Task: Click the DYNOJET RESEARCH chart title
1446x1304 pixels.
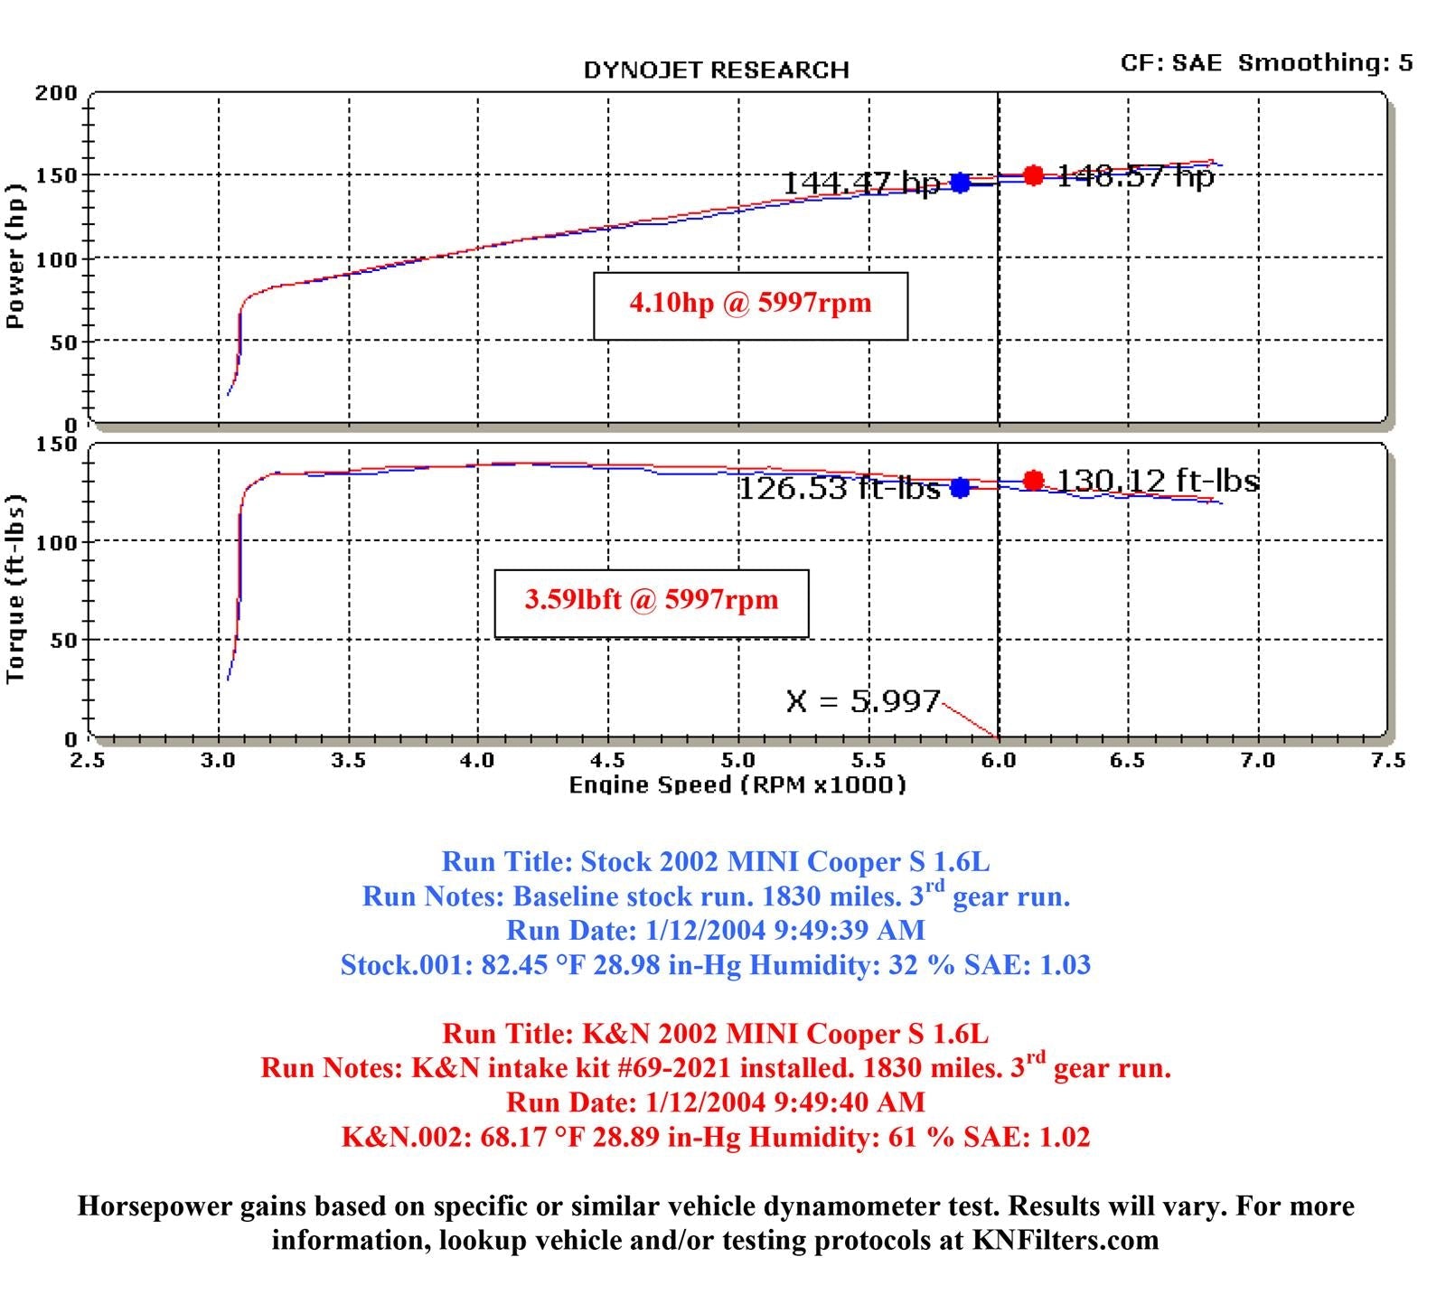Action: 716,70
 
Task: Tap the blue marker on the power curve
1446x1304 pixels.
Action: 960,183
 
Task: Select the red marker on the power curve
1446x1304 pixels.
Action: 1033,175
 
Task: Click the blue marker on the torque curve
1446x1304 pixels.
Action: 960,488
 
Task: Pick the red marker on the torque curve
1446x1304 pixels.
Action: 1033,481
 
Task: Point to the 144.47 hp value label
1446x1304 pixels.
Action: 859,183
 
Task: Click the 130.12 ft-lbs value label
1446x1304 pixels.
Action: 1158,481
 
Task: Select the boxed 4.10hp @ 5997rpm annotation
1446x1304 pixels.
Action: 750,304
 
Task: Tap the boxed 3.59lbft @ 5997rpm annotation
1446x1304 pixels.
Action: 651,601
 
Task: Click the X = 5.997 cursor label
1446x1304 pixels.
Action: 863,701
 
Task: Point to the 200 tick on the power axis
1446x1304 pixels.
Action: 56,93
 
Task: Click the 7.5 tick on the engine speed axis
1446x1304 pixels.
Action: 1387,761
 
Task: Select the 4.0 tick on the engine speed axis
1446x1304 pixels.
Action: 477,761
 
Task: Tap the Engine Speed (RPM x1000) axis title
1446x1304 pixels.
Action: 737,785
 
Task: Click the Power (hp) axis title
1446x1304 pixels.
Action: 15,257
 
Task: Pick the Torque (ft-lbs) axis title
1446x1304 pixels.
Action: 15,589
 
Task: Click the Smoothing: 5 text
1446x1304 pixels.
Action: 1325,63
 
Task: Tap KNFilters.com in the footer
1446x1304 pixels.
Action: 1065,1240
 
